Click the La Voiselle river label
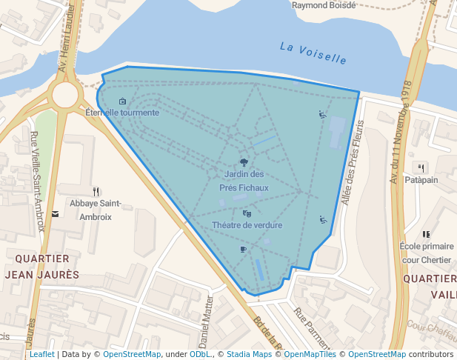[x=313, y=52]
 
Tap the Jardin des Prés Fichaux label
[x=244, y=181]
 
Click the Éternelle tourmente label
[x=122, y=113]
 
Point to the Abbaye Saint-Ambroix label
[x=96, y=210]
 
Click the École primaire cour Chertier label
[x=425, y=253]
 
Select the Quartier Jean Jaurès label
[x=42, y=266]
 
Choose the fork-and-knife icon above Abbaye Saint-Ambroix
[x=96, y=191]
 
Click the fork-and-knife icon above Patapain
[x=421, y=167]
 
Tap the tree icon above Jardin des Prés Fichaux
[x=244, y=162]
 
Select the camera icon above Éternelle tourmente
[x=122, y=101]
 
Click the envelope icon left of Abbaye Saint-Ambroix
[x=55, y=214]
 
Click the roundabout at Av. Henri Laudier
[x=64, y=94]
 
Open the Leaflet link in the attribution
[x=41, y=354]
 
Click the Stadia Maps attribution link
[x=249, y=354]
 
